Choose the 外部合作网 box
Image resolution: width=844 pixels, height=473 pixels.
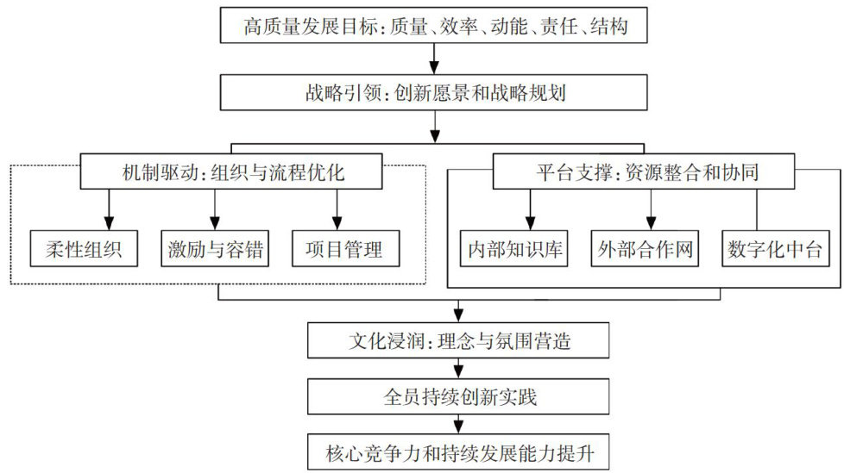pos(646,250)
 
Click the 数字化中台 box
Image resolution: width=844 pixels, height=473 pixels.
pos(776,250)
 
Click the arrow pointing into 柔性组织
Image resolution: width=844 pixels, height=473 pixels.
pos(110,212)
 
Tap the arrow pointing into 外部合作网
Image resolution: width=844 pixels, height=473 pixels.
pos(651,212)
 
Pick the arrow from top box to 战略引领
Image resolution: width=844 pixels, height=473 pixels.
pos(436,60)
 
